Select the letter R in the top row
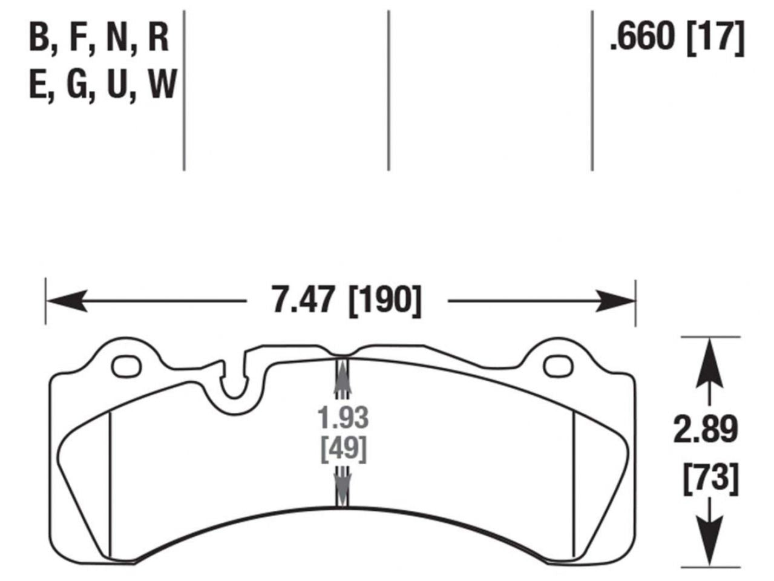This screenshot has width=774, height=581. click(x=158, y=38)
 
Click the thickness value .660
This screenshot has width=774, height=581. click(x=641, y=38)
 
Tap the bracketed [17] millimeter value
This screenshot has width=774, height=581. click(x=716, y=38)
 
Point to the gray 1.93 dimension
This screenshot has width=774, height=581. click(x=343, y=418)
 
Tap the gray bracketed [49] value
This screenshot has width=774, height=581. click(x=343, y=449)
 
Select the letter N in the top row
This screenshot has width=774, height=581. click(x=119, y=38)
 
